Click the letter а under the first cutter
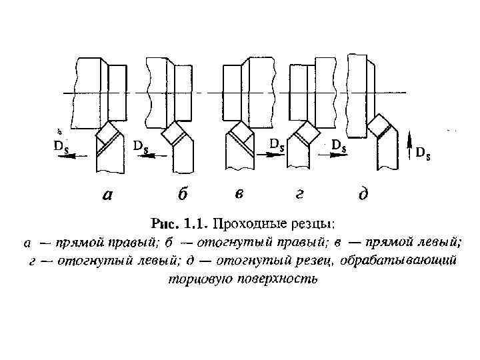click(x=107, y=195)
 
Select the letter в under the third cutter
click(x=238, y=195)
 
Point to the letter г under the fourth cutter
click(x=300, y=195)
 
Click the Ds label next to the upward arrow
click(x=423, y=153)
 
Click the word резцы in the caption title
click(x=302, y=222)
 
